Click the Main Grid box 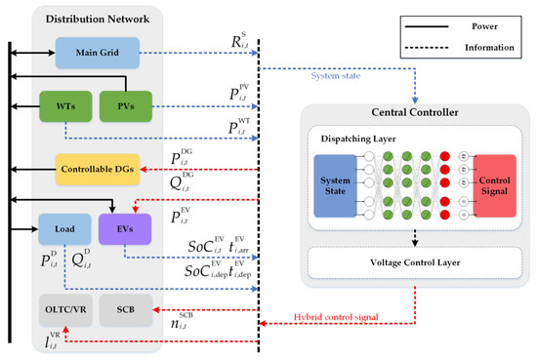click(x=97, y=50)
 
